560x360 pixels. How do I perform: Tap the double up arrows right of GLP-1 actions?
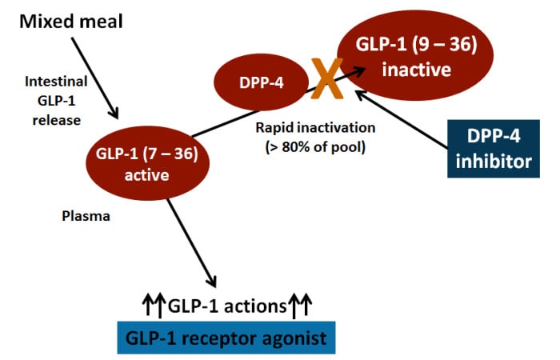point(301,306)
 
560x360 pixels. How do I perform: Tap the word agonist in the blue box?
point(291,338)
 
